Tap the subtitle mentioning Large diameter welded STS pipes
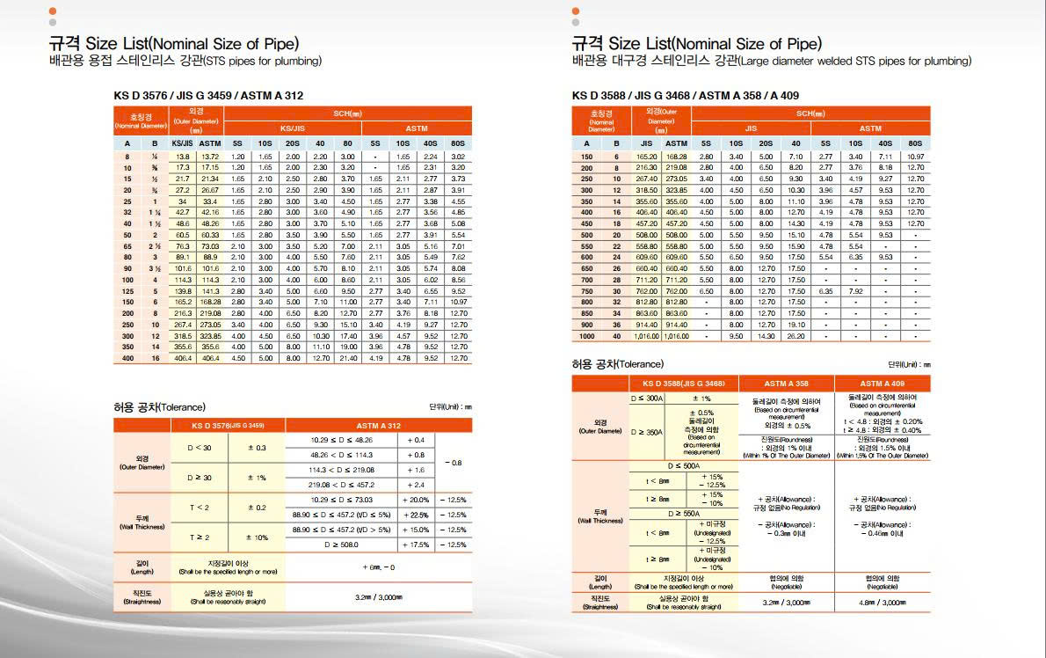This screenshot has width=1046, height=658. pyautogui.click(x=771, y=61)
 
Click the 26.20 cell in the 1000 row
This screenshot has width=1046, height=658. pyautogui.click(x=795, y=336)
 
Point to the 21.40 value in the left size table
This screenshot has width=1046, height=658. pyautogui.click(x=348, y=358)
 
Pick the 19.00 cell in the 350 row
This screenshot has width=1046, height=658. pyautogui.click(x=348, y=347)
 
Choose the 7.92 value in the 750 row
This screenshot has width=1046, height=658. pyautogui.click(x=855, y=291)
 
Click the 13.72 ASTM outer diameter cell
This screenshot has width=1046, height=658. pyautogui.click(x=210, y=156)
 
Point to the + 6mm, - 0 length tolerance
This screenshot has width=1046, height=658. pyautogui.click(x=378, y=567)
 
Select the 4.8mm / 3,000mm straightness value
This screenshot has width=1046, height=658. pyautogui.click(x=883, y=603)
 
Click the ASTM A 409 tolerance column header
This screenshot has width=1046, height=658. pyautogui.click(x=882, y=384)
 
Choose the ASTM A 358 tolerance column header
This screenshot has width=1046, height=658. pyautogui.click(x=786, y=384)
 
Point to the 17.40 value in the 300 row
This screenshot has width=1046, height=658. pyautogui.click(x=348, y=336)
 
